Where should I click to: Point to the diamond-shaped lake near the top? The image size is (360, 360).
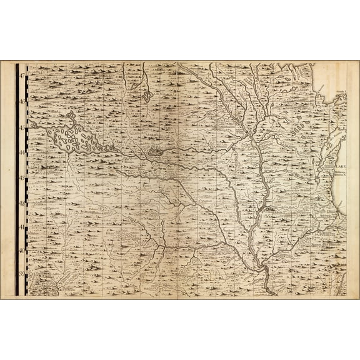coord(147,96)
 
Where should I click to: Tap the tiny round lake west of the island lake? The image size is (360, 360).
coord(37,126)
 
